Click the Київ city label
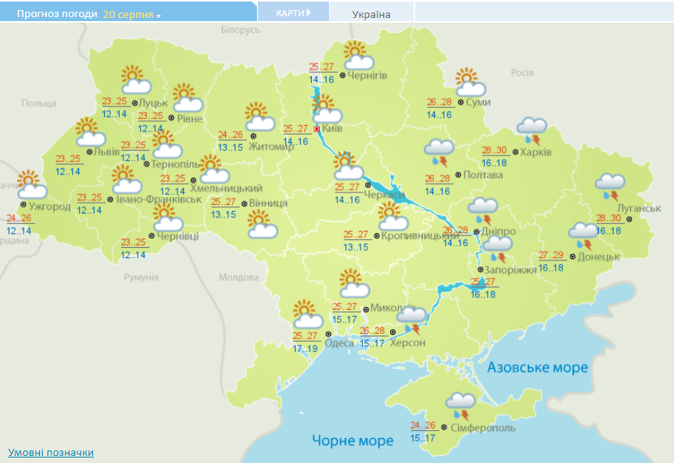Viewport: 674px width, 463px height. point(334,129)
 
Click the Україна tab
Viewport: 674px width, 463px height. point(371,14)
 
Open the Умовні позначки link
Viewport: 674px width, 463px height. point(51,453)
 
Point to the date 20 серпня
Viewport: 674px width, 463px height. point(128,14)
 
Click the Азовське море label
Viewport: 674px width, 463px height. point(537,368)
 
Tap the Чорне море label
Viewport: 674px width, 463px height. point(353,441)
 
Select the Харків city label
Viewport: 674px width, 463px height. point(536,152)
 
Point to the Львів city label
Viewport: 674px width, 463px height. point(106,152)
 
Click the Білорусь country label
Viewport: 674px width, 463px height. point(239,30)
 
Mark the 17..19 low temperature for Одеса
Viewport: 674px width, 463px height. point(305,348)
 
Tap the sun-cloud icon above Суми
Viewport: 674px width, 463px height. point(470,82)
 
